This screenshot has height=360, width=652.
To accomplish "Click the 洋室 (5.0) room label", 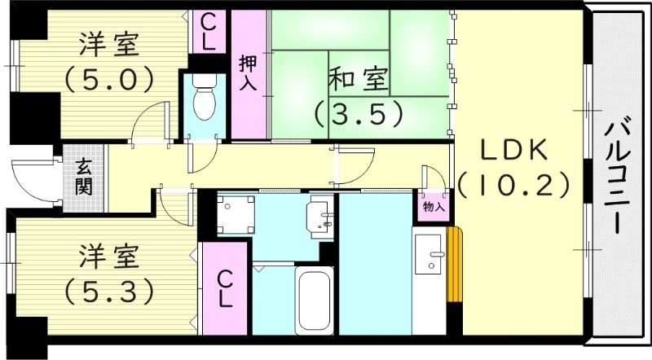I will pyautogui.click(x=109, y=61).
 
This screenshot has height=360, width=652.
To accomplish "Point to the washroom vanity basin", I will pyautogui.click(x=319, y=216).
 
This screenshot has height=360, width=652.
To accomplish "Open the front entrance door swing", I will pyautogui.click(x=28, y=177).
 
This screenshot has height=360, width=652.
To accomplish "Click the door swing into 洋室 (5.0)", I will pyautogui.click(x=153, y=122).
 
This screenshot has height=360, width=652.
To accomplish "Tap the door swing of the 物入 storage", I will pyautogui.click(x=432, y=179).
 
